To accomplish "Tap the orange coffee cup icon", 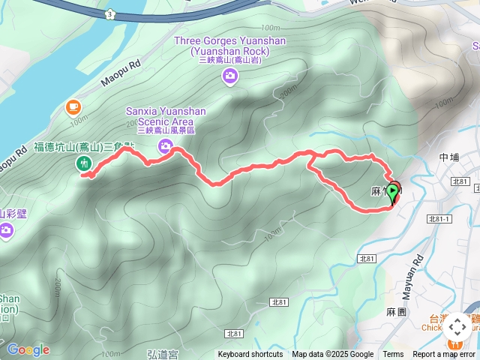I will [x=73, y=106].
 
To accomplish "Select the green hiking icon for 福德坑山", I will [x=83, y=163].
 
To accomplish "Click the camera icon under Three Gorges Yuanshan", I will [x=229, y=74].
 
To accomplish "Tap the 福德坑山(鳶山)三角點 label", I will [x=85, y=147].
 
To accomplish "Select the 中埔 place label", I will [x=448, y=157].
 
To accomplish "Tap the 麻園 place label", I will [x=396, y=310].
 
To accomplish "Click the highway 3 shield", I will [x=110, y=13].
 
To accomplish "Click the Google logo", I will [x=28, y=349].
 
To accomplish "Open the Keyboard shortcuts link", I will [x=250, y=355].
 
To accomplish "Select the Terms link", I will [x=393, y=355].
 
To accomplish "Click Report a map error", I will [x=444, y=355].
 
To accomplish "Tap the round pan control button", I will [x=457, y=327].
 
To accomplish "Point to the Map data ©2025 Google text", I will [x=333, y=355].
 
